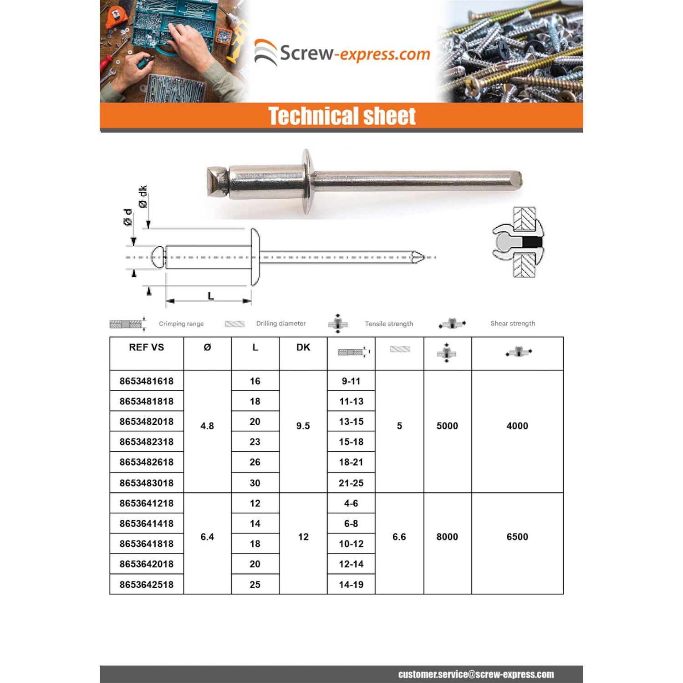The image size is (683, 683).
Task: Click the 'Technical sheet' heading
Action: coord(341,116)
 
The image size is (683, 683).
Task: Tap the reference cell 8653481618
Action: coord(146,381)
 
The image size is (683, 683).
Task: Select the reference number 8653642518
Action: coord(146,584)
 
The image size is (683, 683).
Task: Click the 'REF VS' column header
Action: coord(146,347)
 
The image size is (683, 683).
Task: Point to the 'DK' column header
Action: coord(303,347)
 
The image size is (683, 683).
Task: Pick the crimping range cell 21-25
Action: coord(351,483)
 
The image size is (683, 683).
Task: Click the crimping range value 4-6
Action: coord(351,503)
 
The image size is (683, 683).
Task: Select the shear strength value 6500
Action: coord(517,537)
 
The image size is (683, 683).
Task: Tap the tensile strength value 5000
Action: coord(447,426)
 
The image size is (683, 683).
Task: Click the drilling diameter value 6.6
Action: coord(399,537)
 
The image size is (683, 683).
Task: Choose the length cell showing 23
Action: coord(255,442)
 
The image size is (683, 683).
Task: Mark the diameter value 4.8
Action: coord(207,426)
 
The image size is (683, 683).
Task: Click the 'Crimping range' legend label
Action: coord(181,324)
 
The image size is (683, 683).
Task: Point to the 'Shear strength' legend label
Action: coord(513,323)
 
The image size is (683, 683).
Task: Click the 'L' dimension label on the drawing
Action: coord(210,296)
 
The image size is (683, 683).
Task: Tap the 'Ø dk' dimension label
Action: coord(143,197)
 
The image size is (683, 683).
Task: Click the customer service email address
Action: coord(476,674)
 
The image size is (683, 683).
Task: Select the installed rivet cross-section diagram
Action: coord(519,242)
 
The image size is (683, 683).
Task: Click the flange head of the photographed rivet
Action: coord(307,181)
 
